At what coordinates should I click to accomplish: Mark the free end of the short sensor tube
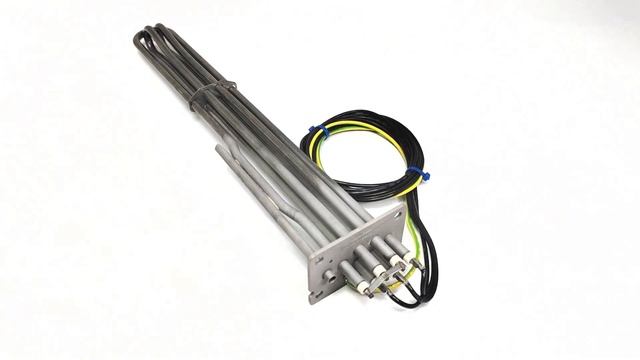219,149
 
